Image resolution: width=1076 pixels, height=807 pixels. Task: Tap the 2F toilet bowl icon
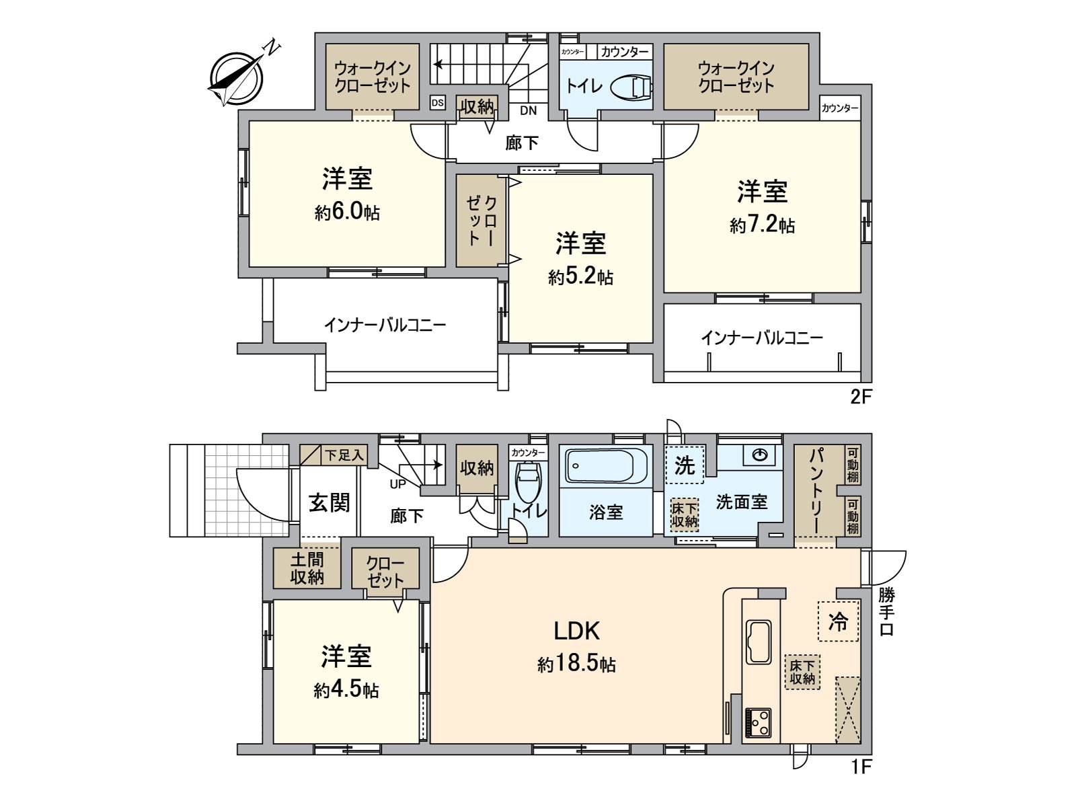632,86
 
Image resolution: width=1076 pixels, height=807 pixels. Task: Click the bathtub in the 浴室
605,465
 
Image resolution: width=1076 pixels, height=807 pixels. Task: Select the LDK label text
576,631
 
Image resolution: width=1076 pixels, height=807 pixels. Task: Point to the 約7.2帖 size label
762,225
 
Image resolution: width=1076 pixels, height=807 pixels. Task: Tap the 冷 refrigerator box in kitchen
838,621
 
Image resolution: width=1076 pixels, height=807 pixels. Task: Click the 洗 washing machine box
684,465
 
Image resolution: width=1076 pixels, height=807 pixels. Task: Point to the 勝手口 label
886,612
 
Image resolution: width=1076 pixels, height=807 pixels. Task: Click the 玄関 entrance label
329,502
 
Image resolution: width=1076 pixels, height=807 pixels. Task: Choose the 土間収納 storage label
307,568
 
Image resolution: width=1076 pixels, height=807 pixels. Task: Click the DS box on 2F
438,103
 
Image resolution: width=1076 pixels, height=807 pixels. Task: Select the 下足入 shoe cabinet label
344,455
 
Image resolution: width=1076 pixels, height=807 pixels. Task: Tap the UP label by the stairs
397,484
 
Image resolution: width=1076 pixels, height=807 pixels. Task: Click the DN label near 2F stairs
528,111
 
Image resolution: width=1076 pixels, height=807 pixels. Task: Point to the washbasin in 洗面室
760,456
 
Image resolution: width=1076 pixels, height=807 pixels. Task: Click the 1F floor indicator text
860,766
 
